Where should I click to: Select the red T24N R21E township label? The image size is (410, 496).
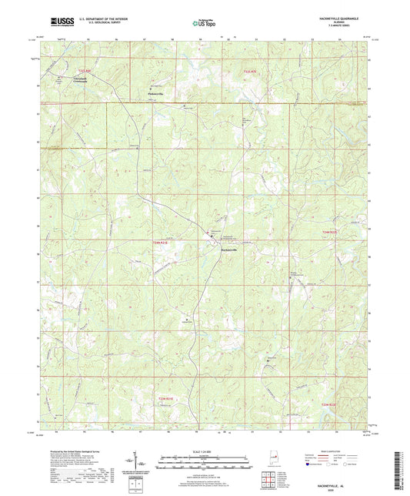point(159,243)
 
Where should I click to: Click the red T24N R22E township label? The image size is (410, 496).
point(329,231)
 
